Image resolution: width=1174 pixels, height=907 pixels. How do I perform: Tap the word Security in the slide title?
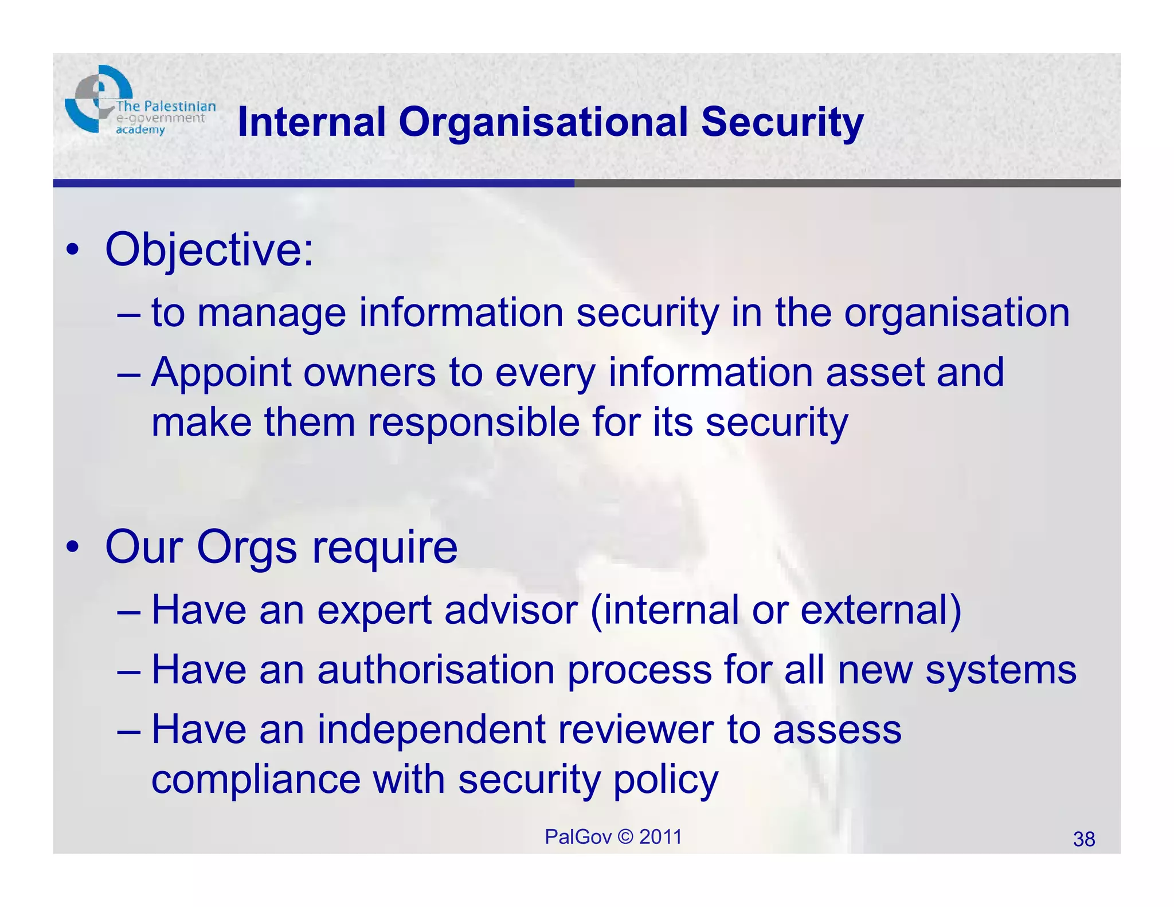click(x=782, y=123)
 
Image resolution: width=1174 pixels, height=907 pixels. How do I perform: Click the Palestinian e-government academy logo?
click(x=139, y=102)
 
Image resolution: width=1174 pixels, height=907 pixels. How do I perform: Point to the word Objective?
click(x=210, y=250)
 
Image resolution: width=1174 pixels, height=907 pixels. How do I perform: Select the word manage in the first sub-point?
click(x=271, y=314)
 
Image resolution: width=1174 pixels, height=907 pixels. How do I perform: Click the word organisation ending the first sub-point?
click(x=956, y=314)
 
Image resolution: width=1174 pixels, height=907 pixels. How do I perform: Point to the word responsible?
click(x=473, y=423)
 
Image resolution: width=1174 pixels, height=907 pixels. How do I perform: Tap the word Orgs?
click(x=247, y=548)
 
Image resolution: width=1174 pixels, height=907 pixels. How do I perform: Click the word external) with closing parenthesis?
click(x=880, y=610)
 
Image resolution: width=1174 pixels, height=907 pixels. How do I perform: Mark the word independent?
click(x=431, y=730)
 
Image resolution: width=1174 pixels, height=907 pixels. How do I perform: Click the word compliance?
click(x=256, y=780)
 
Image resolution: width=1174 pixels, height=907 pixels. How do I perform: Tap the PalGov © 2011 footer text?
click(x=613, y=837)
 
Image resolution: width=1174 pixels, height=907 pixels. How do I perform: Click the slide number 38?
click(x=1083, y=839)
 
